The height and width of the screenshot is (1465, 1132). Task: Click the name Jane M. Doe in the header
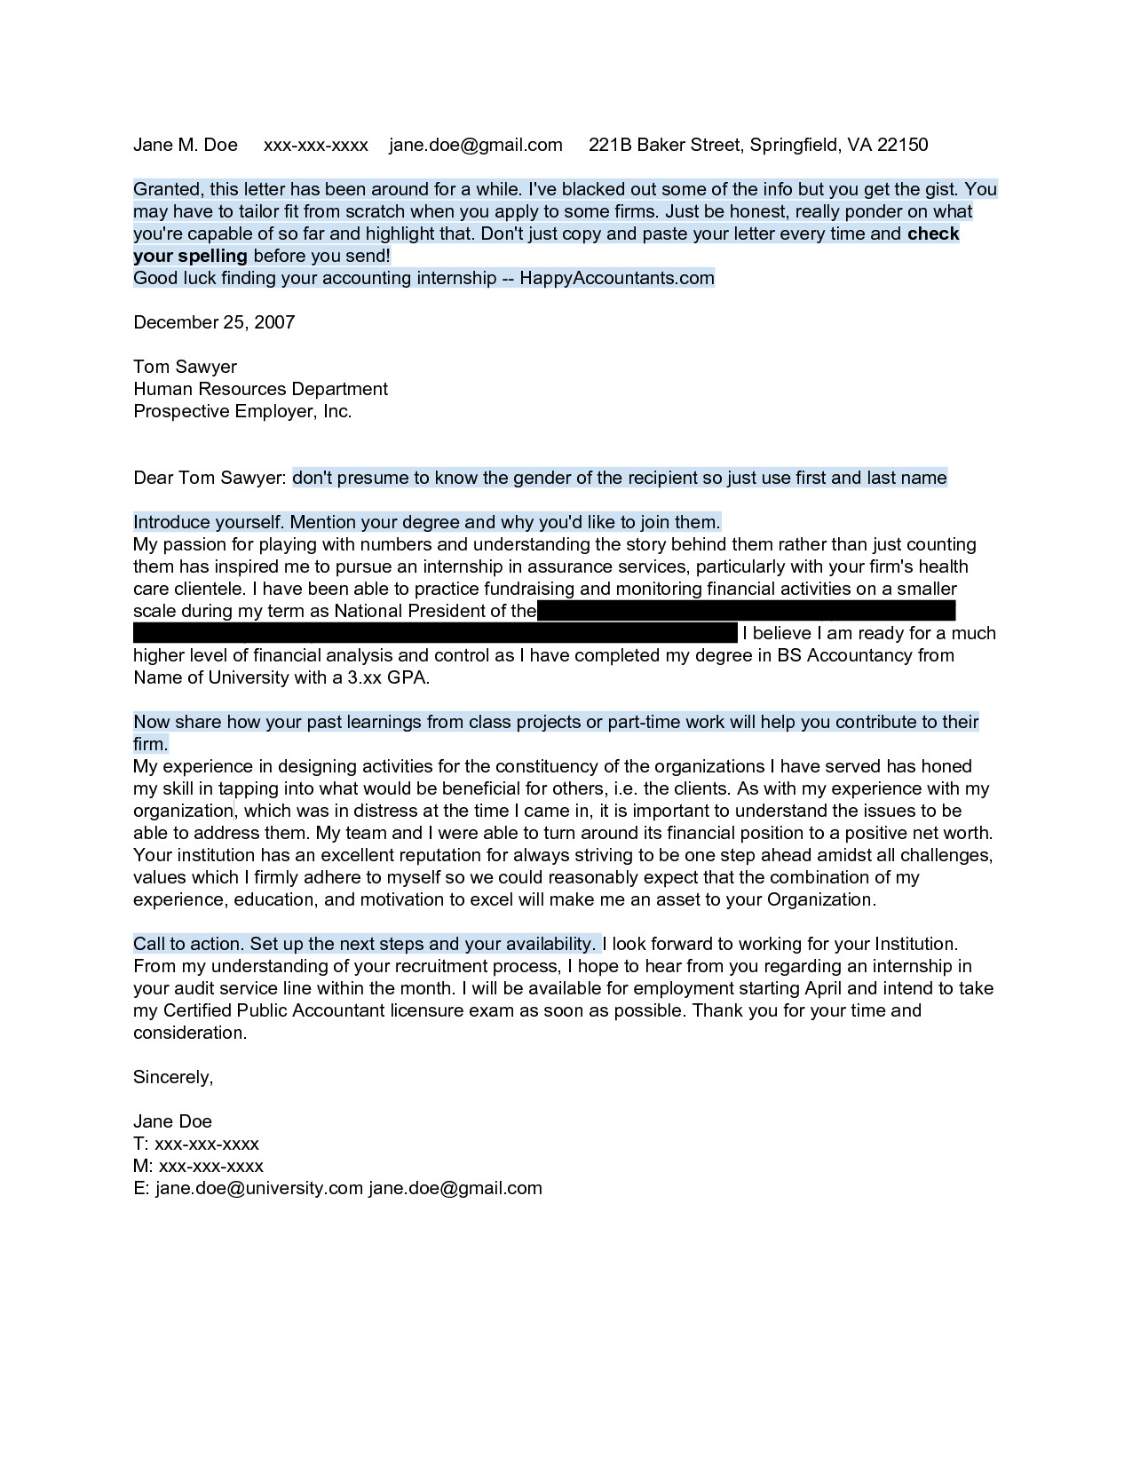pyautogui.click(x=186, y=145)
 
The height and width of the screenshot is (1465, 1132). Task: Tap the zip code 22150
pyautogui.click(x=902, y=145)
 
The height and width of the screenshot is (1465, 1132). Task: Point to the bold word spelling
pyautogui.click(x=213, y=256)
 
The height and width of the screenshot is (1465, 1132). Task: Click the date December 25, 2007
pyautogui.click(x=214, y=322)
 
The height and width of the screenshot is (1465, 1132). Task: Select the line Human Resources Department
pyautogui.click(x=260, y=389)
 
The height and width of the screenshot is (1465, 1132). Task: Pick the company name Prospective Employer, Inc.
pyautogui.click(x=242, y=411)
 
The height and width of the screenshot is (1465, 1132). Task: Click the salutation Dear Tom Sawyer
pyautogui.click(x=210, y=478)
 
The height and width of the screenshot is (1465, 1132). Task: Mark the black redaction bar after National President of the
pyautogui.click(x=746, y=611)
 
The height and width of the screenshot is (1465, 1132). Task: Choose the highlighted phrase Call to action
pyautogui.click(x=187, y=944)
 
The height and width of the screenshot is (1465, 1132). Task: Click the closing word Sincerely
pyautogui.click(x=172, y=1077)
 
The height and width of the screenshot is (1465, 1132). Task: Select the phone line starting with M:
pyautogui.click(x=198, y=1166)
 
